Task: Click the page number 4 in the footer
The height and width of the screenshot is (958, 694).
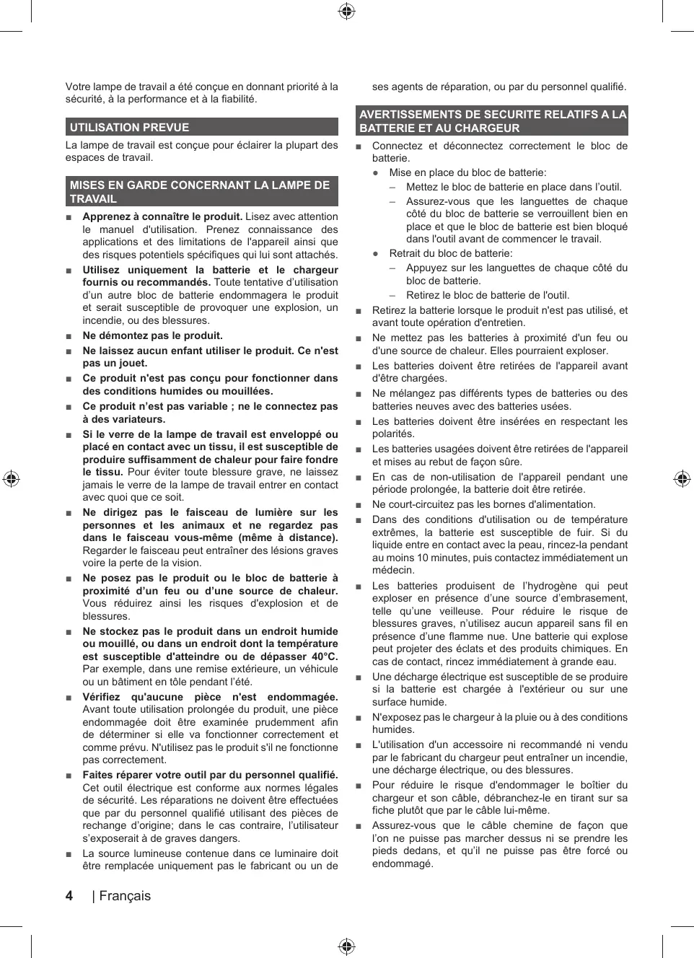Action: [x=69, y=895]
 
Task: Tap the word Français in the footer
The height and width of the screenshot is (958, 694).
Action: [x=125, y=896]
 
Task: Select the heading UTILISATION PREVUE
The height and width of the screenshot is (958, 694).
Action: [x=130, y=128]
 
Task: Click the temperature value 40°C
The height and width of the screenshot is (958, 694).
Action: [x=321, y=656]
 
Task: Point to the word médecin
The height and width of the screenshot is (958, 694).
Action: [x=392, y=571]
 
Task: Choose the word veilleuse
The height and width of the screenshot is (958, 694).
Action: [x=460, y=611]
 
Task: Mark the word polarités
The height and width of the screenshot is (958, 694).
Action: [x=393, y=434]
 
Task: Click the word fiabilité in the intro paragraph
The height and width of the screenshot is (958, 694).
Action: [x=236, y=100]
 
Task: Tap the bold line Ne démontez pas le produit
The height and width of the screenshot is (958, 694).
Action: [x=153, y=335]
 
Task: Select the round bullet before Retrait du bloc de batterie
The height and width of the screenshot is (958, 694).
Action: [x=376, y=254]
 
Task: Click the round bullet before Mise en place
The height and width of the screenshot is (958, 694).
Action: [x=376, y=173]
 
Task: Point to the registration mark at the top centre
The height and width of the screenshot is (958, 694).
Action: [x=347, y=11]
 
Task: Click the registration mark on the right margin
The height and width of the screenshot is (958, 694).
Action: [x=682, y=479]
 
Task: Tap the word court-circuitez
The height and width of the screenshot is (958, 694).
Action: [x=421, y=504]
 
